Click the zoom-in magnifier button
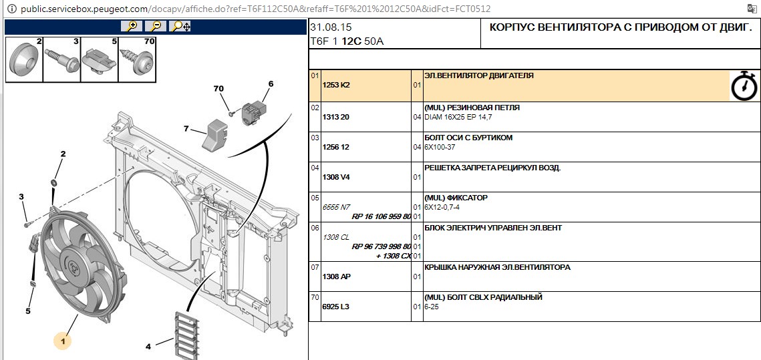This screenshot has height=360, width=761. tap(132, 26)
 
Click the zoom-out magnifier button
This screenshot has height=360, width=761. tap(156, 26)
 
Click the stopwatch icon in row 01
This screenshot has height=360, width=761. tap(744, 85)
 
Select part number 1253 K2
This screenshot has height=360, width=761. tap(336, 85)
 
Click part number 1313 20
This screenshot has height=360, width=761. tap(336, 117)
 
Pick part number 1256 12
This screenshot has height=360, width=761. tap(336, 147)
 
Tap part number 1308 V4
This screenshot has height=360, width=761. tap(336, 177)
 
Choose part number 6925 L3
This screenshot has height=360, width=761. tap(336, 307)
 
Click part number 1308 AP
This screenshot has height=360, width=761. tap(336, 276)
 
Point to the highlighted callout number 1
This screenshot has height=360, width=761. tap(62, 341)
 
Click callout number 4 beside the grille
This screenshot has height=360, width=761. tap(148, 346)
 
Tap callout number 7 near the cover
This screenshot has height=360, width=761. tap(186, 128)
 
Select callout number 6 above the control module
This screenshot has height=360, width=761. tap(271, 84)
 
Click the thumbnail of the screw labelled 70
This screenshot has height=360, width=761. tap(137, 60)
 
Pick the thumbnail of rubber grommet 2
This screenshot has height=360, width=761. tap(24, 60)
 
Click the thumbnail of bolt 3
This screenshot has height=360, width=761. tap(61, 60)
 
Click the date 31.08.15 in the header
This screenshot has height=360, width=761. tap(331, 27)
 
